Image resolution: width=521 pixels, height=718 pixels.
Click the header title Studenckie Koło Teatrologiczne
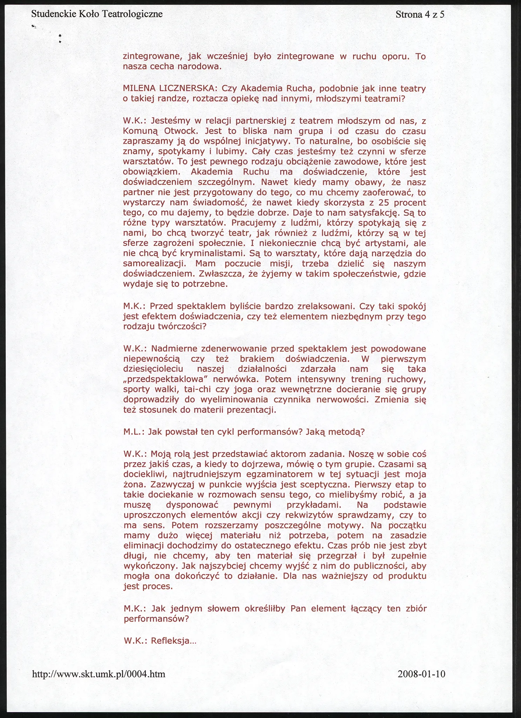coord(97,14)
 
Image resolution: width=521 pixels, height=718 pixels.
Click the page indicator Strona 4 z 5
coord(420,14)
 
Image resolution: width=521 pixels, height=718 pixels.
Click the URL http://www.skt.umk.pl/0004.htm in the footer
coord(99,674)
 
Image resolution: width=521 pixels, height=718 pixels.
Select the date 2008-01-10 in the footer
coord(421,674)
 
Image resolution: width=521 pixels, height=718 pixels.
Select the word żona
coord(132,485)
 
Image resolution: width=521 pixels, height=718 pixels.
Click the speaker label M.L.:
coord(134,432)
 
